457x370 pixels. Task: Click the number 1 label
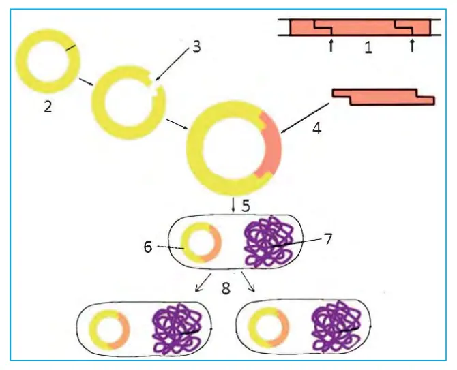click(x=368, y=48)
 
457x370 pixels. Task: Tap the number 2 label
click(x=48, y=107)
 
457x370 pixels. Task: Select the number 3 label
click(x=197, y=46)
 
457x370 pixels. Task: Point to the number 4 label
click(x=316, y=128)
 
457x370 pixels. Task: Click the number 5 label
click(x=246, y=206)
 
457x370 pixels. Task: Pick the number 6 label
click(x=148, y=247)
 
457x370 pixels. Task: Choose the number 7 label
click(x=328, y=240)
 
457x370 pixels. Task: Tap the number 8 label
click(x=226, y=288)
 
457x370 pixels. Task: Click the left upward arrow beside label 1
click(x=331, y=46)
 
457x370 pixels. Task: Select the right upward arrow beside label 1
click(x=411, y=46)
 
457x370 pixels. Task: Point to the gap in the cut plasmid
click(x=153, y=82)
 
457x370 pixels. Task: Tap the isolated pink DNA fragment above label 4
click(x=383, y=97)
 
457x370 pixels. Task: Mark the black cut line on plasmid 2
click(x=71, y=48)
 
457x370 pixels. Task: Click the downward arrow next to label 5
click(x=233, y=205)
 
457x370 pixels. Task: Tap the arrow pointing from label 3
click(x=173, y=64)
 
